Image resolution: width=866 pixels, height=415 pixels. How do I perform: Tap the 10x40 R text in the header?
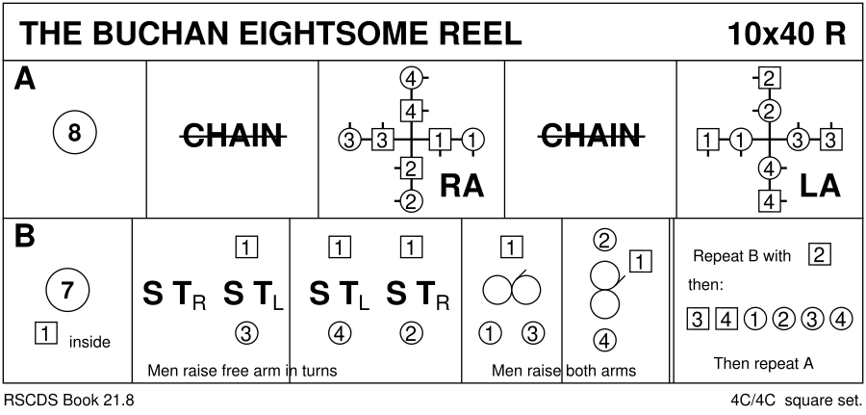[786, 34]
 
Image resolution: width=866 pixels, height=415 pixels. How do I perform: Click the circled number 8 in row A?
[74, 136]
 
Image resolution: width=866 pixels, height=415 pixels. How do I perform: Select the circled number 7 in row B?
[67, 288]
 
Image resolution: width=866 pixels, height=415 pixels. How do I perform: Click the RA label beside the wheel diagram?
[460, 186]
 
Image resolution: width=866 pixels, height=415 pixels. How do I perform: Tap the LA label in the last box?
[820, 186]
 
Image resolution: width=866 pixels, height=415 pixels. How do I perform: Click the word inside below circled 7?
[89, 342]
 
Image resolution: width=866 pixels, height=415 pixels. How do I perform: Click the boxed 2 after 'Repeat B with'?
[820, 255]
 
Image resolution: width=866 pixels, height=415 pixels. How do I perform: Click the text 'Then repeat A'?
[764, 363]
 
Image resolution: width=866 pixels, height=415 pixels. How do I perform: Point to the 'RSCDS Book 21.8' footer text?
[69, 400]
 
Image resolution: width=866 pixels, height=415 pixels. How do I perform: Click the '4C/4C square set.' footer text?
[797, 400]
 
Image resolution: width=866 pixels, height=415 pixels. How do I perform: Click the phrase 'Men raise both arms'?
[563, 371]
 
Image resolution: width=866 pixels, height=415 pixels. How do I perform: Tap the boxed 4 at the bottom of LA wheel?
[769, 200]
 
